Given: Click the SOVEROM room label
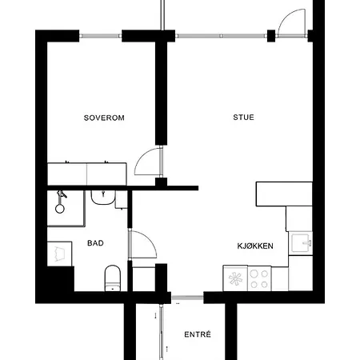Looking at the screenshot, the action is [x=104, y=118].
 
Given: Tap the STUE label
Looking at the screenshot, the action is [x=243, y=118].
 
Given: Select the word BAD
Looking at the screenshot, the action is [x=95, y=243].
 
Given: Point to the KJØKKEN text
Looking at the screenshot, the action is [x=255, y=246].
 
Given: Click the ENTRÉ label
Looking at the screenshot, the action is [x=198, y=334].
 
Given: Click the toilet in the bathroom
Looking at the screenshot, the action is [x=113, y=278].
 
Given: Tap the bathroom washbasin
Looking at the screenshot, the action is [x=103, y=198].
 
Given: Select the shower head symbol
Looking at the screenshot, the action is [x=60, y=202].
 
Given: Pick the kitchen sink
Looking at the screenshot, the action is [x=302, y=243].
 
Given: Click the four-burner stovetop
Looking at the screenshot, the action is [x=259, y=278].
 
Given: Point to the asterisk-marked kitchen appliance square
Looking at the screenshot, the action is [x=235, y=278].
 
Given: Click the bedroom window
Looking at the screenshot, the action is [x=101, y=36].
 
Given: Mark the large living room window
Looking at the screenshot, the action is [x=222, y=36].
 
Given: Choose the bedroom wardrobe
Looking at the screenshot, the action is [x=87, y=174].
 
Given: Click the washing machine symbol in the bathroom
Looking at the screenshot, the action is [x=60, y=254].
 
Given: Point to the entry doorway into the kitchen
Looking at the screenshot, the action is [x=188, y=298].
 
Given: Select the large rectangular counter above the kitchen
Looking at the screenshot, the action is [x=284, y=194].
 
